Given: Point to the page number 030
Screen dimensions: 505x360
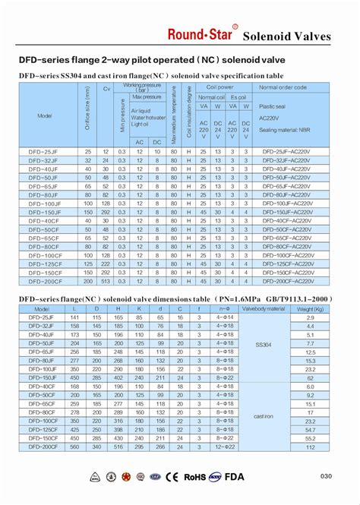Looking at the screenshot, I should tap(326, 477).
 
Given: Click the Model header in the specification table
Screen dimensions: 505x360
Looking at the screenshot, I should tap(45, 115).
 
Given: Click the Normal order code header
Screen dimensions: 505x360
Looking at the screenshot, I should tap(283, 87).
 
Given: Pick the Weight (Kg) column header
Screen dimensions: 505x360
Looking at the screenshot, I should tap(309, 309).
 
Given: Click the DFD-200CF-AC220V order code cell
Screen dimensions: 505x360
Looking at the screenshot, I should tap(283, 280).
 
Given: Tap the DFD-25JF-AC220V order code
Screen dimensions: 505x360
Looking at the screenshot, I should tap(283, 152).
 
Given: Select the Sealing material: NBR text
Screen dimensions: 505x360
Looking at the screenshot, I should tap(283, 130).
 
